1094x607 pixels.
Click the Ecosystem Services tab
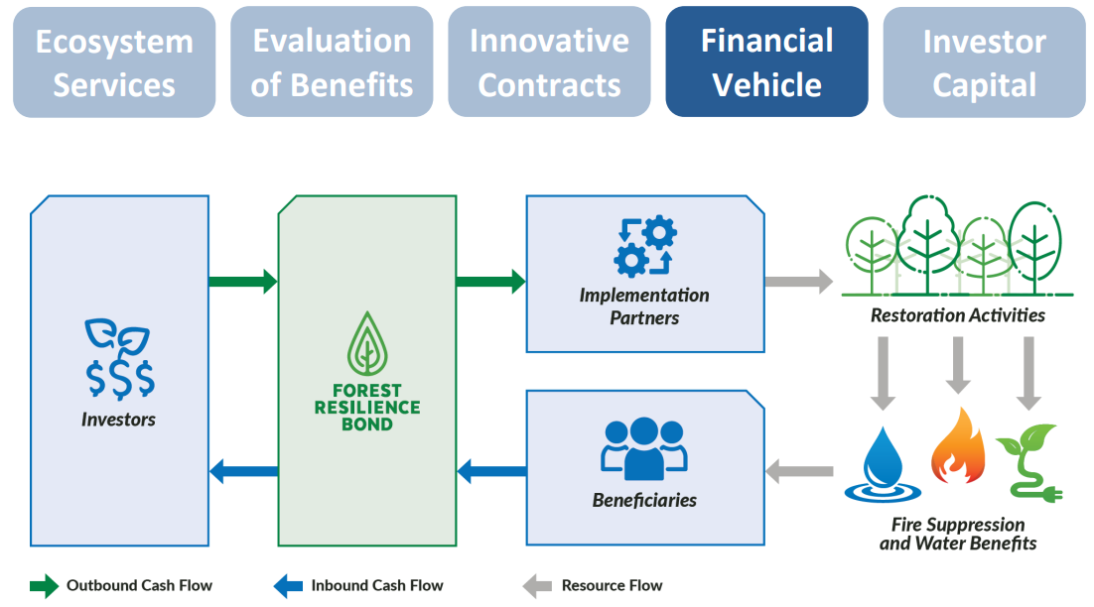click(114, 61)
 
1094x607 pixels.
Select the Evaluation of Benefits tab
click(332, 61)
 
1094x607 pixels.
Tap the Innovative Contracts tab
click(549, 61)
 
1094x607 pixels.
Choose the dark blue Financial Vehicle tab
click(766, 61)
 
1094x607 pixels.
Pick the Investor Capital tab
click(984, 61)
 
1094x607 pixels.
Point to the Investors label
click(119, 420)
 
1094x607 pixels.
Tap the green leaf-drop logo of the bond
click(367, 343)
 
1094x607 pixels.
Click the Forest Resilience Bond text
click(367, 408)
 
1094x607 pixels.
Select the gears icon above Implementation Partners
click(645, 247)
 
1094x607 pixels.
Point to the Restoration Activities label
click(958, 315)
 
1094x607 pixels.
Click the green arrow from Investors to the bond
click(242, 282)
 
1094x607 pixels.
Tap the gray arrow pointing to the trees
click(798, 282)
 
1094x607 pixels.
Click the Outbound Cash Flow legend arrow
click(44, 585)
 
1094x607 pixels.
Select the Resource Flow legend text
click(612, 585)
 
